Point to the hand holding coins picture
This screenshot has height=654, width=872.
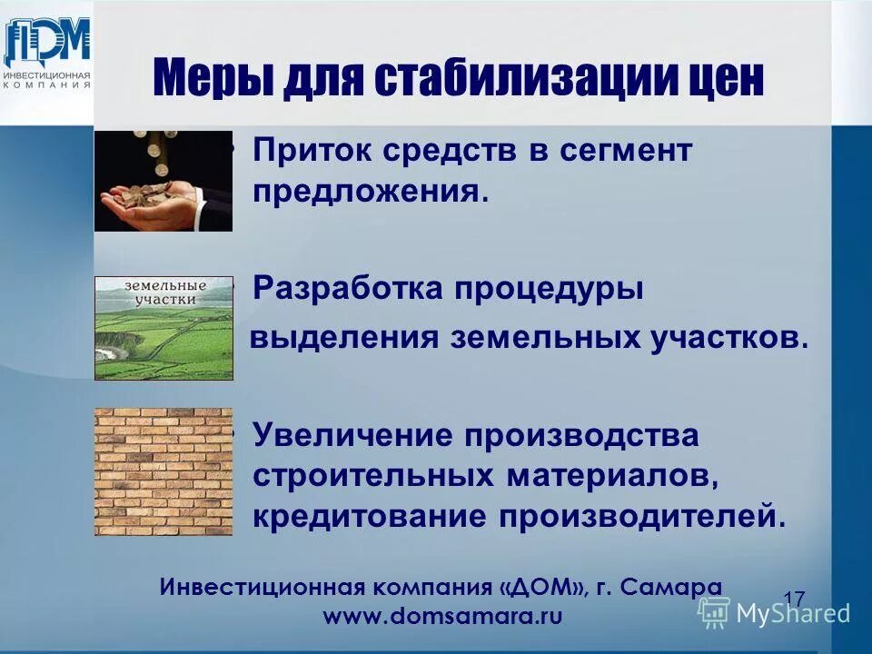[163, 182]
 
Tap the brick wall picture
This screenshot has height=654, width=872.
[163, 471]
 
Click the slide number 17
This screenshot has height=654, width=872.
[794, 599]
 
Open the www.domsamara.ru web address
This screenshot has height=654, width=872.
[442, 616]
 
